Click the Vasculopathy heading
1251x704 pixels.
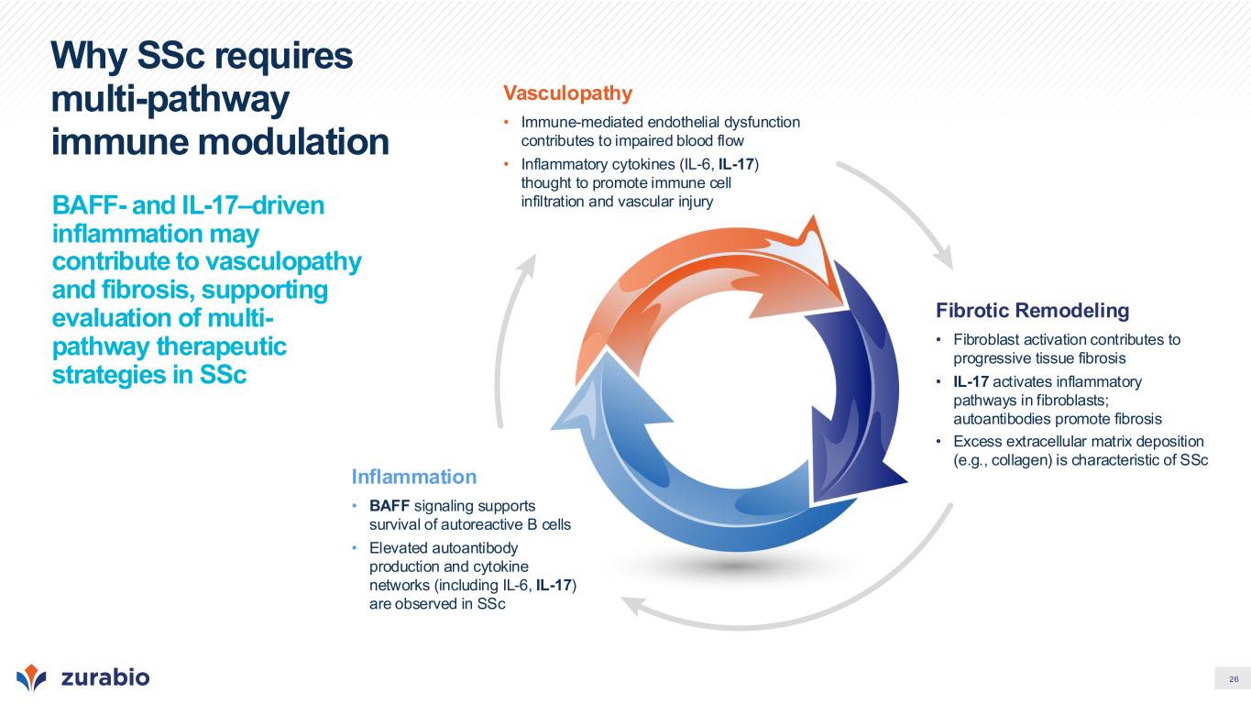[x=567, y=93]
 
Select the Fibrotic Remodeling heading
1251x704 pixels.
[x=1032, y=310]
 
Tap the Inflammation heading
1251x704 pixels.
[x=414, y=477]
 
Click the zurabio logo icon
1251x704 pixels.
[x=31, y=677]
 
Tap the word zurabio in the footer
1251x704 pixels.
[x=105, y=677]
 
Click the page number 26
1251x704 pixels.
[x=1234, y=679]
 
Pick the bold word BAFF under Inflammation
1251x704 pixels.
[x=390, y=506]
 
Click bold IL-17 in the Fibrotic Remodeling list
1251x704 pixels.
[x=971, y=381]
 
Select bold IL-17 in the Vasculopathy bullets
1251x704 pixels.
[x=736, y=164]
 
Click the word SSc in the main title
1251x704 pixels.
[x=170, y=56]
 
